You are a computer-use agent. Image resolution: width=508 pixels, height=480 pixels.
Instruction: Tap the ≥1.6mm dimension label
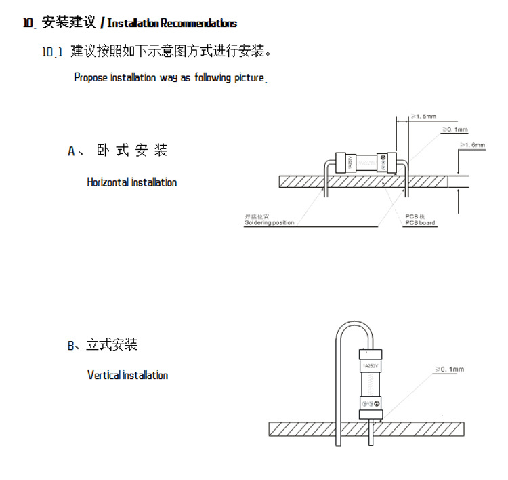(473, 145)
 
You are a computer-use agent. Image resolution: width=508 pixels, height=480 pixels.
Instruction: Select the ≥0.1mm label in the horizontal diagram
(455, 129)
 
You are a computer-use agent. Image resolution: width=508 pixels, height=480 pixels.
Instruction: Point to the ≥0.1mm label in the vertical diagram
(450, 369)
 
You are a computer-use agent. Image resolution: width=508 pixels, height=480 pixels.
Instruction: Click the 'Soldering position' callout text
(270, 223)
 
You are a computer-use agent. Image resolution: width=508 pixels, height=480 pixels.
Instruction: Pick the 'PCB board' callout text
(420, 223)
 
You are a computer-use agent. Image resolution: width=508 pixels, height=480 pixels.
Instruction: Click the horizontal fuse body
(366, 162)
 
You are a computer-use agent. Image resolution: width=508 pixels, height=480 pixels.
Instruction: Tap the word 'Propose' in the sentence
(91, 77)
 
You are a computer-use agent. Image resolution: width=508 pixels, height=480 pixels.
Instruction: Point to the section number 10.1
(52, 52)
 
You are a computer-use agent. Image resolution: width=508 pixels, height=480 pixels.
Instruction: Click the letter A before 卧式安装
(71, 151)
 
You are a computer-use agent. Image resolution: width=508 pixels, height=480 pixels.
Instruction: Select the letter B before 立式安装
(71, 346)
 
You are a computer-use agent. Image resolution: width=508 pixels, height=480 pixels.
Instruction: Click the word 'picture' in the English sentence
(249, 77)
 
